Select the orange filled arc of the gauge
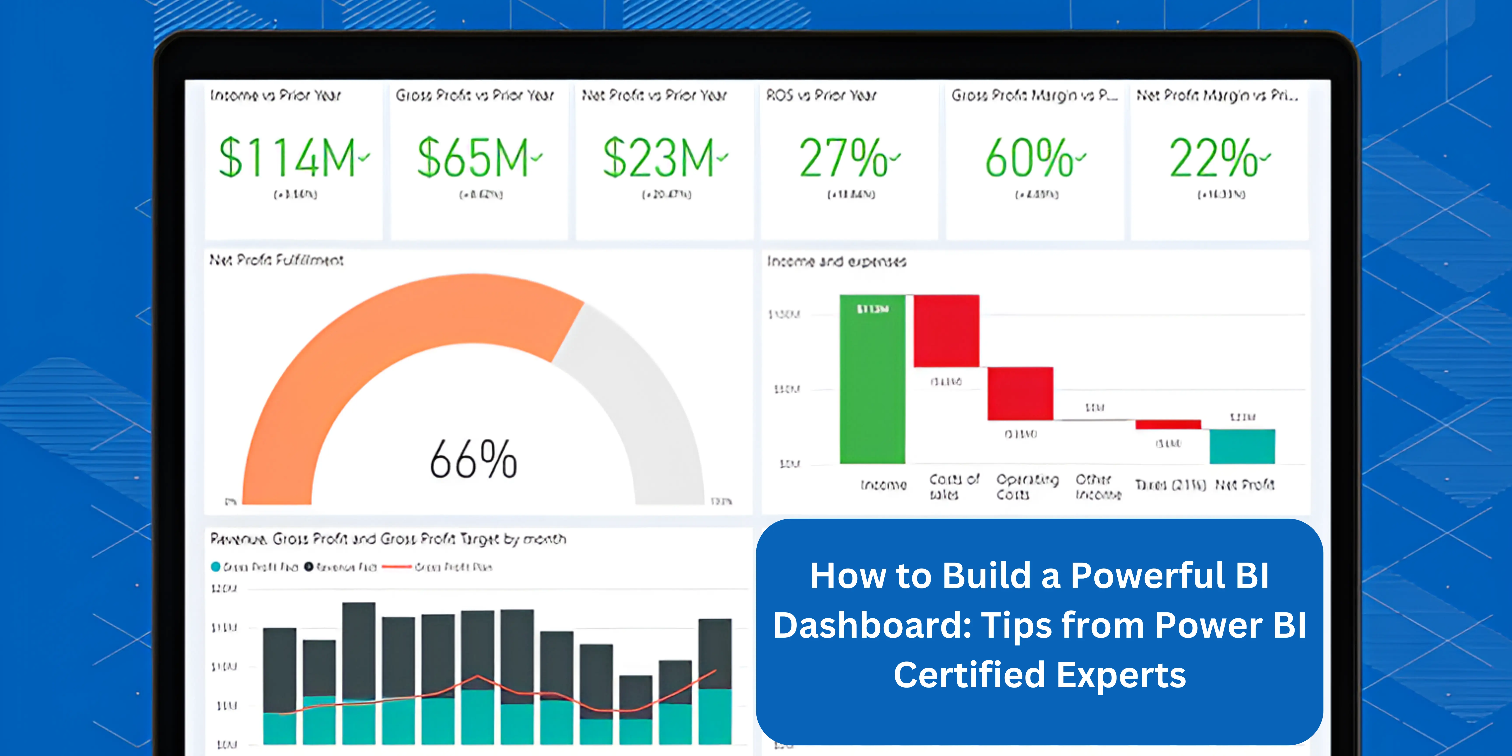click(x=352, y=352)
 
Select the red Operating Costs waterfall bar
click(x=1020, y=393)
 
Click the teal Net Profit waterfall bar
click(x=1242, y=446)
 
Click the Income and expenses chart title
click(x=836, y=261)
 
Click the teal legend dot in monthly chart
click(x=215, y=566)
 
